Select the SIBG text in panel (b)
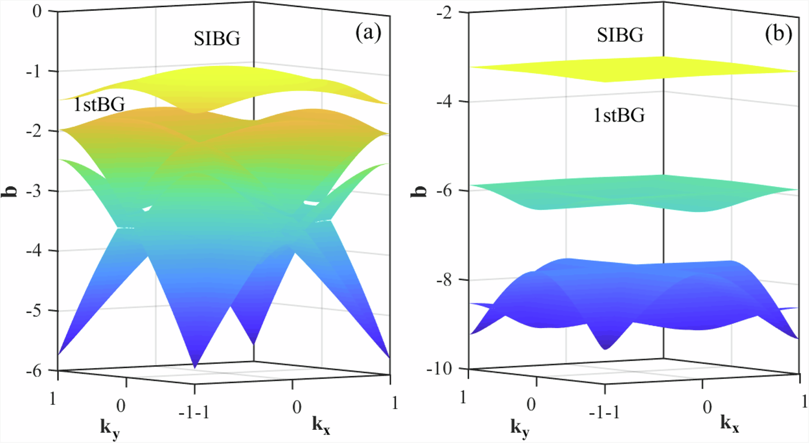click(620, 35)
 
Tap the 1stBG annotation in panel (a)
click(99, 106)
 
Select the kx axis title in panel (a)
click(323, 425)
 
